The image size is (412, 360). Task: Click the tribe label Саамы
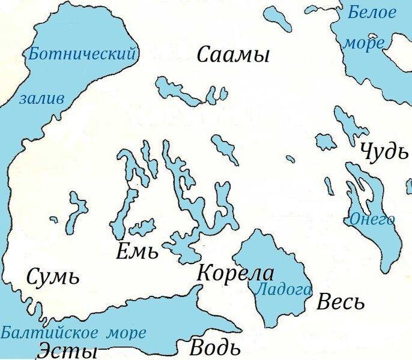[233, 56]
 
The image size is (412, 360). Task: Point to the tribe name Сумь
[53, 277]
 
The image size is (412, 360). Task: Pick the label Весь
[341, 302]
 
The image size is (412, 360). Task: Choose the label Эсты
[68, 350]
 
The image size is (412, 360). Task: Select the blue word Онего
[372, 219]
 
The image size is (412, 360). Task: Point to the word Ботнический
[82, 55]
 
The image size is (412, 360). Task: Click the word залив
[41, 99]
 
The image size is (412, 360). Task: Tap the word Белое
[372, 12]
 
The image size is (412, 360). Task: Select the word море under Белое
[364, 43]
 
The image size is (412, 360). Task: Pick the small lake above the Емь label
[142, 227]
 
